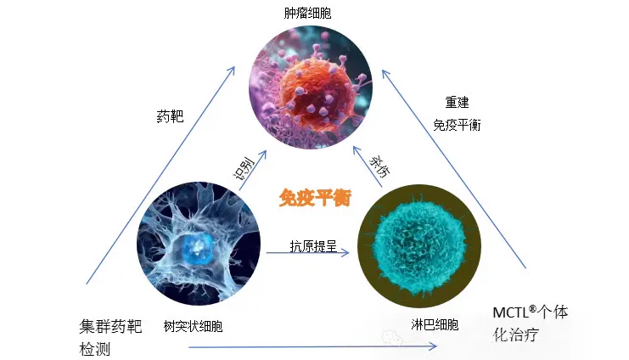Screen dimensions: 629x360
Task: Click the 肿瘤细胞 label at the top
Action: pos(307,14)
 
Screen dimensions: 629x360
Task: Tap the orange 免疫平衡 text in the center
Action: pos(315,198)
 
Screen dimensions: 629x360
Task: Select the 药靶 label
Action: pos(170,116)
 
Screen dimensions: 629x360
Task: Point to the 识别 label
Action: pos(244,169)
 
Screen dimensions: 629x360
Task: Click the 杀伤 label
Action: pos(379,166)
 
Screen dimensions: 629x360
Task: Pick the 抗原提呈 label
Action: pos(313,246)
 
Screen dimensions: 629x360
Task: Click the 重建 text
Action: pos(457,103)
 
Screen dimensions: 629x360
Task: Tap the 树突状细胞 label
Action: pos(193,326)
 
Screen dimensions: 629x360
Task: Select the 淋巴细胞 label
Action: pos(435,324)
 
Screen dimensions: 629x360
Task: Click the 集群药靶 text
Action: pos(110,326)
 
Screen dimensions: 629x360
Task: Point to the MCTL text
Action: pos(511,312)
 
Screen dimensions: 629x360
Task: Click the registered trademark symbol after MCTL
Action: pos(533,308)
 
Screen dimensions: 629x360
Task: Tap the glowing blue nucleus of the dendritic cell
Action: pos(197,248)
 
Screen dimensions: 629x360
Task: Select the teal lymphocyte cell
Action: pos(418,245)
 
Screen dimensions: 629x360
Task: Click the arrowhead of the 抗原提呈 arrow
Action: pos(345,252)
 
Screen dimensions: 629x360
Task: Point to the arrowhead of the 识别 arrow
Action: pos(263,155)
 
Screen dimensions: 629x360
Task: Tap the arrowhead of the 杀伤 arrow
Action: pos(357,150)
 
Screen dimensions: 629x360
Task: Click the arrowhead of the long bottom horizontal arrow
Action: pos(433,346)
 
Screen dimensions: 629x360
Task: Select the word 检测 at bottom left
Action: pos(95,349)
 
